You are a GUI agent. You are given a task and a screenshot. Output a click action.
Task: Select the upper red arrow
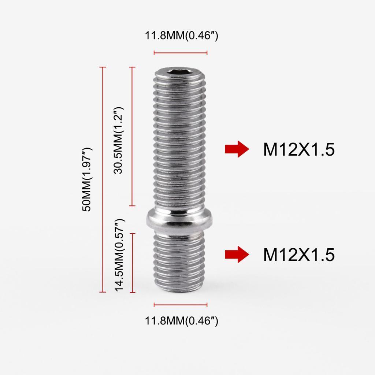[x=237, y=149]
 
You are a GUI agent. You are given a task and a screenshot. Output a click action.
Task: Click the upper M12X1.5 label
[x=298, y=149]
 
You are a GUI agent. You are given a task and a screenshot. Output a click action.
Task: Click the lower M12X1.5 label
[x=298, y=255]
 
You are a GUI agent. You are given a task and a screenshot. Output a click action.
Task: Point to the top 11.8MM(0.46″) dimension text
[x=182, y=36]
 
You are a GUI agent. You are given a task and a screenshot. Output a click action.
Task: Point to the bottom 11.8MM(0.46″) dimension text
[x=182, y=321]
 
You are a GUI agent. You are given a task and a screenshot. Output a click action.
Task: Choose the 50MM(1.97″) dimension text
[x=88, y=179]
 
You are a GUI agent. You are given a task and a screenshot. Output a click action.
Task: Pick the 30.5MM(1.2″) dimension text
[x=118, y=140]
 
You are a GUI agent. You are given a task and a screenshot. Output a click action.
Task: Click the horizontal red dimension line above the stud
[x=181, y=53]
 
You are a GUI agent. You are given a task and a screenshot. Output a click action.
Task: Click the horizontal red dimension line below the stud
[x=181, y=305]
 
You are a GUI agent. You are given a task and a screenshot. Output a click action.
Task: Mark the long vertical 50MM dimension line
[x=103, y=179]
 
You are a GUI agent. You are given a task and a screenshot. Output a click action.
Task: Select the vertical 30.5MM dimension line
[x=133, y=136]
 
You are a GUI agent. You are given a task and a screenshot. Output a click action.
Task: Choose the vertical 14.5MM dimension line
[x=133, y=263]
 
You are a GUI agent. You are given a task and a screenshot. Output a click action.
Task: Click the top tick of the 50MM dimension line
[x=103, y=67]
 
